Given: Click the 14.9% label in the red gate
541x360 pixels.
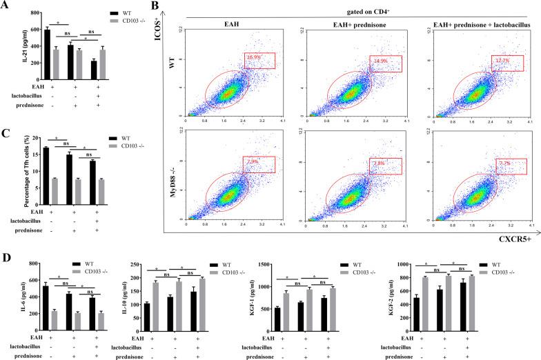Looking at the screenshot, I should [379, 60].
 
